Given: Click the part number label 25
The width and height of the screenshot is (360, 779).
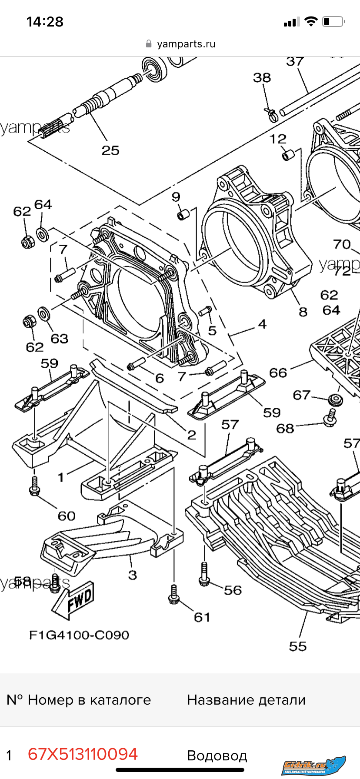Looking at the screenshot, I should (110, 150).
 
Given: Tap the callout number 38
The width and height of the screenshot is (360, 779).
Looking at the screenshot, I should (262, 78).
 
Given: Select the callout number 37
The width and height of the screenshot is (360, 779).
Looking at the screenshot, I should (295, 62).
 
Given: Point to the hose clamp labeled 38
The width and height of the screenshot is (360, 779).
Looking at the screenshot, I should (272, 115).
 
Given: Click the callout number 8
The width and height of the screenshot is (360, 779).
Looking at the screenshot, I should (303, 312).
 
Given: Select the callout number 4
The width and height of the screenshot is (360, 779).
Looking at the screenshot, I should (262, 324).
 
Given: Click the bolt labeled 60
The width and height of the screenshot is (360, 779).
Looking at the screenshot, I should (34, 486).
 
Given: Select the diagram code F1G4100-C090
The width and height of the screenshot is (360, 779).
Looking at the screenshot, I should (79, 635).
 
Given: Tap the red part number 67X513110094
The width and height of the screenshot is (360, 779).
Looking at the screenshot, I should (83, 754).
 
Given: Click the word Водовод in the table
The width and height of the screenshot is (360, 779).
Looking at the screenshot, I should (217, 756).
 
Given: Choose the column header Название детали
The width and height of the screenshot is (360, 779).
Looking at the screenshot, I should (246, 700).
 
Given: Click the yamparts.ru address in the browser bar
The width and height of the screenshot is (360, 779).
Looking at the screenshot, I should (186, 44).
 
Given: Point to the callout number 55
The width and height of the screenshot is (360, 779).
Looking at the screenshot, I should (298, 646).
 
